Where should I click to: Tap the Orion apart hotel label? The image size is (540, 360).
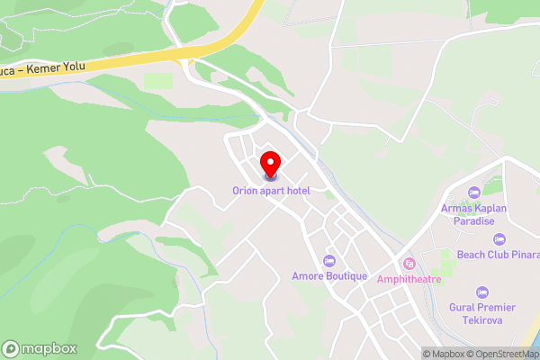[271, 191]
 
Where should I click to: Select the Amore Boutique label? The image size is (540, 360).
[330, 276]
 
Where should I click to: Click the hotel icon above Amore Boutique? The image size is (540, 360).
[330, 261]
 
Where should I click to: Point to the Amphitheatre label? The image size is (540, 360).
[409, 278]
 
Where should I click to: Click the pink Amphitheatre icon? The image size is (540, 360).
[409, 263]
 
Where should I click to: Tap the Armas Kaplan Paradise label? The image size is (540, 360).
[475, 215]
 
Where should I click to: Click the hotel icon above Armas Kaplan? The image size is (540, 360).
[474, 193]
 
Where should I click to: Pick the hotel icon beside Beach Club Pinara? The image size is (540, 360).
[500, 239]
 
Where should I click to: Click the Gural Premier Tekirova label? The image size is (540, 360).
[482, 314]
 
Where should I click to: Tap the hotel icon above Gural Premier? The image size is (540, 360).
[482, 292]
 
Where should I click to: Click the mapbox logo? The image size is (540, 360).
[40, 348]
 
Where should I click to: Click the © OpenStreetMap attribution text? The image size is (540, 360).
[506, 354]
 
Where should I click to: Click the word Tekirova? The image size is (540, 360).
[482, 320]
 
